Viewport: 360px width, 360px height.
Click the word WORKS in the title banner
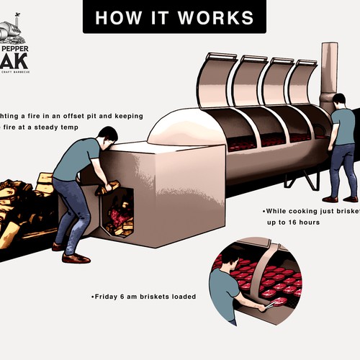(x=220, y=17)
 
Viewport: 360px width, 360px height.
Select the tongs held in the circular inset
(x=269, y=305)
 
